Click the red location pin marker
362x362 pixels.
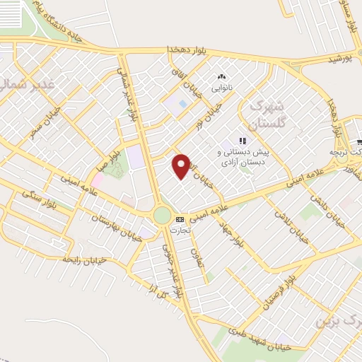[x=182, y=165]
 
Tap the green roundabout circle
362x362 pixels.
[x=163, y=215]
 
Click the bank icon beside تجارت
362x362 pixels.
[x=180, y=219]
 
